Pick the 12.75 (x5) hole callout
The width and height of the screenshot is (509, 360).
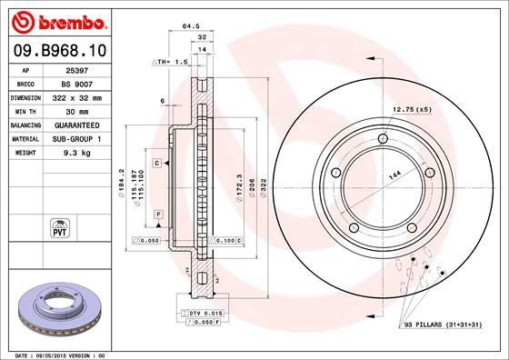tap(412, 109)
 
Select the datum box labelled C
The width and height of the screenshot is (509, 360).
tap(156, 162)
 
